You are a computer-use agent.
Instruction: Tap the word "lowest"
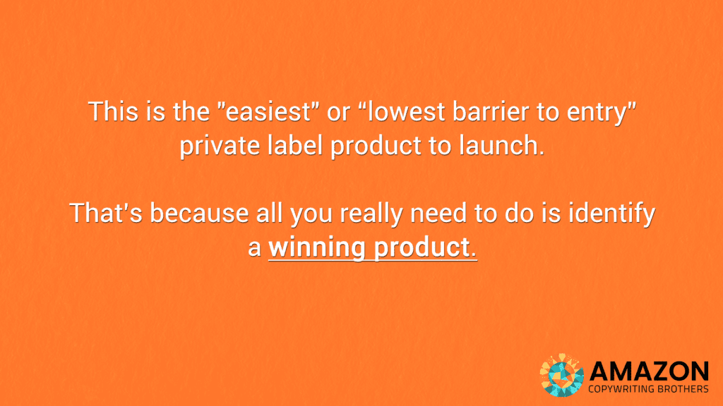402,112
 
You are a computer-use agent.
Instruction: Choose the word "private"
220,147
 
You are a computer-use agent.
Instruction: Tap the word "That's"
106,213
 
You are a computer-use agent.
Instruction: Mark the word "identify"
611,215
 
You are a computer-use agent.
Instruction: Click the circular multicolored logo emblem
561,375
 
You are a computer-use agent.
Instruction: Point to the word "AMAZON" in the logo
649,371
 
